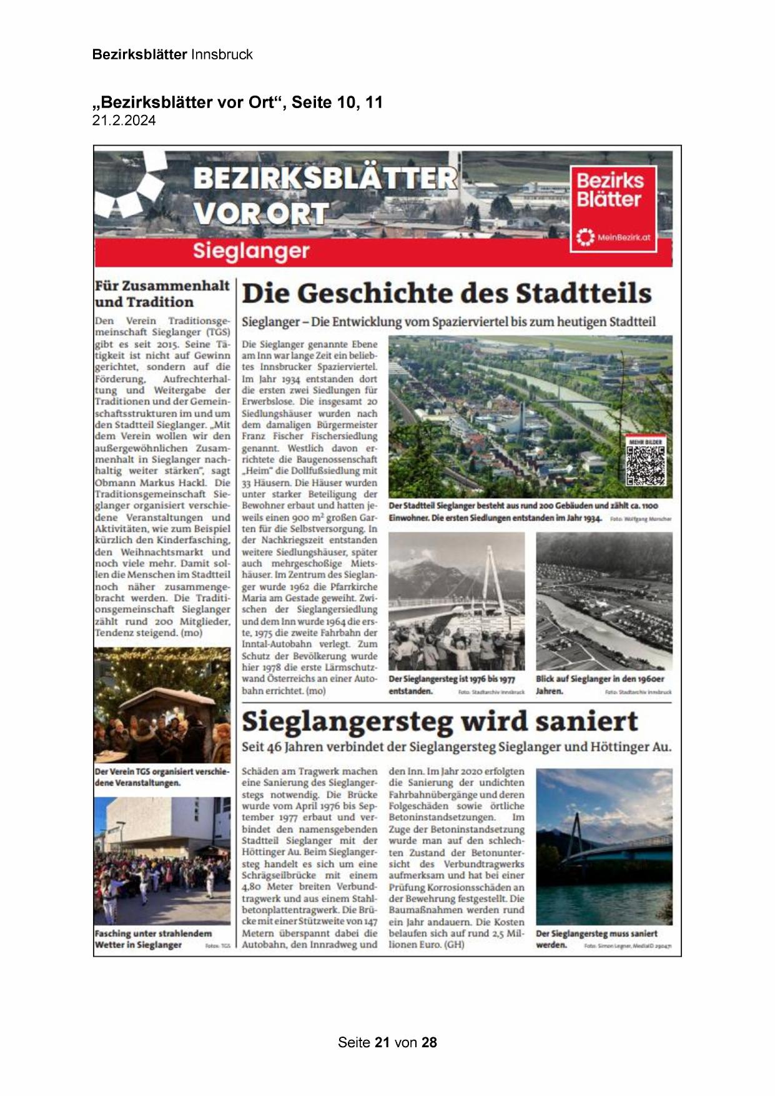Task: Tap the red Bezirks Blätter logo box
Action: tap(613, 208)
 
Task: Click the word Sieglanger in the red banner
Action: tap(251, 251)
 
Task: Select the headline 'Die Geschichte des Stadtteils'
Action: tap(447, 294)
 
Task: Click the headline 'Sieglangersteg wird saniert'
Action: tap(440, 722)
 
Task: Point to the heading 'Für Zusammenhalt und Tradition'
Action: tap(162, 294)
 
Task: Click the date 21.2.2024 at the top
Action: tap(124, 121)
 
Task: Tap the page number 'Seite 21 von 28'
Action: tap(387, 1042)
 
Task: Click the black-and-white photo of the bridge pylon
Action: tap(456, 601)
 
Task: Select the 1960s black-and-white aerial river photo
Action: tap(604, 601)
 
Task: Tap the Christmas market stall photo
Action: tap(162, 705)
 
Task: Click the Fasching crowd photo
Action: tap(162, 870)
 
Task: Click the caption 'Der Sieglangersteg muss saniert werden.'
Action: tap(596, 939)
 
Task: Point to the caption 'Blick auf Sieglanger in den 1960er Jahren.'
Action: tap(600, 685)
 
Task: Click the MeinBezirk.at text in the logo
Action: tap(624, 237)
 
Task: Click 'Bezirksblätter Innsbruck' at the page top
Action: tap(172, 54)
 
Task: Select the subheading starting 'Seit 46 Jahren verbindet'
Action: tap(457, 747)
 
